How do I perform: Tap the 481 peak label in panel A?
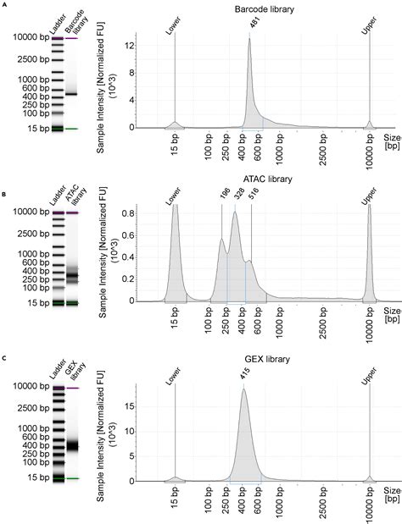tap(254, 23)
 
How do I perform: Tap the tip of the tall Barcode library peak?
tap(249, 39)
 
